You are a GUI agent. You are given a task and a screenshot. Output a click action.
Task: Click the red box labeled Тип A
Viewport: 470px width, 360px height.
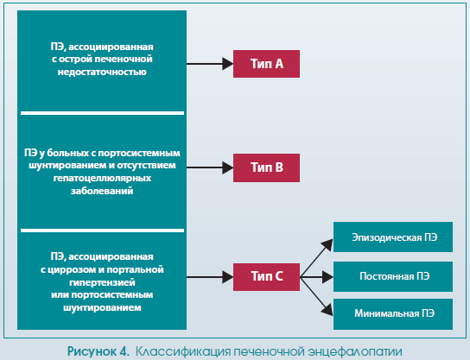point(266,64)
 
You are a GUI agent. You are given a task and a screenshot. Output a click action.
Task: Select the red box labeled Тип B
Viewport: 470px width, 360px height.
point(266,167)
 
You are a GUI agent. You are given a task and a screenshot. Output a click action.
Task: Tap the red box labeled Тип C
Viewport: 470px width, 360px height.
point(266,277)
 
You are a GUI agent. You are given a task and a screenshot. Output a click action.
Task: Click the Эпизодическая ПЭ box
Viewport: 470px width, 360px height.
point(393,237)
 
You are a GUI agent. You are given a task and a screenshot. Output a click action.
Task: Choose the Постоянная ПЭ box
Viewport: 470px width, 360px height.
point(393,276)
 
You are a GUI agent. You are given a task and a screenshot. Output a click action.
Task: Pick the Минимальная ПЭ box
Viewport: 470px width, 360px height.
point(393,314)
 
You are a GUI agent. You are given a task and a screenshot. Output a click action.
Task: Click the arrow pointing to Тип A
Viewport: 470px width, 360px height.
point(210,64)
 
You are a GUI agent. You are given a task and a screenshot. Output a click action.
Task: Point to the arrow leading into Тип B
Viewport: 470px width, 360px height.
point(210,167)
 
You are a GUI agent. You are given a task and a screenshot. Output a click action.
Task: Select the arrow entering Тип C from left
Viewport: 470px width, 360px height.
point(210,277)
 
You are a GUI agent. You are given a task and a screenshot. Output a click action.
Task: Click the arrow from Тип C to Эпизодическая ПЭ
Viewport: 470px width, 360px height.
point(316,258)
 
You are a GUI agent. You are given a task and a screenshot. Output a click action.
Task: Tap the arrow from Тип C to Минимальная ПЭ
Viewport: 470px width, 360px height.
point(316,296)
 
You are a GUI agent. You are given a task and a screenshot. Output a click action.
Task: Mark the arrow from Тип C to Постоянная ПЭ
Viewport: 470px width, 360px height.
point(316,277)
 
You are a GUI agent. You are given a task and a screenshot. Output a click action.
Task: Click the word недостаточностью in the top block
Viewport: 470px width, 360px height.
point(102,73)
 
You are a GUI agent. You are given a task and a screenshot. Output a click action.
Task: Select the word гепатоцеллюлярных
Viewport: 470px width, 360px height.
point(102,179)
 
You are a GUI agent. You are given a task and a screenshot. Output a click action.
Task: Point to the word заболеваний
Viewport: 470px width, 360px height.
point(102,191)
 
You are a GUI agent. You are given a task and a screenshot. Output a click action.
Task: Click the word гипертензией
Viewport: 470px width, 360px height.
point(102,282)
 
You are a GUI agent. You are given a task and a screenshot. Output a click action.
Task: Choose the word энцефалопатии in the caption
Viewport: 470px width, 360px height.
point(354,351)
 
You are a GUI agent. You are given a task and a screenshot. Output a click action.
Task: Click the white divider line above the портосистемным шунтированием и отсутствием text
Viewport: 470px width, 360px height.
point(102,113)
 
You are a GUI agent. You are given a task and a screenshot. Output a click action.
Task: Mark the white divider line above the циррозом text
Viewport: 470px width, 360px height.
point(102,231)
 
